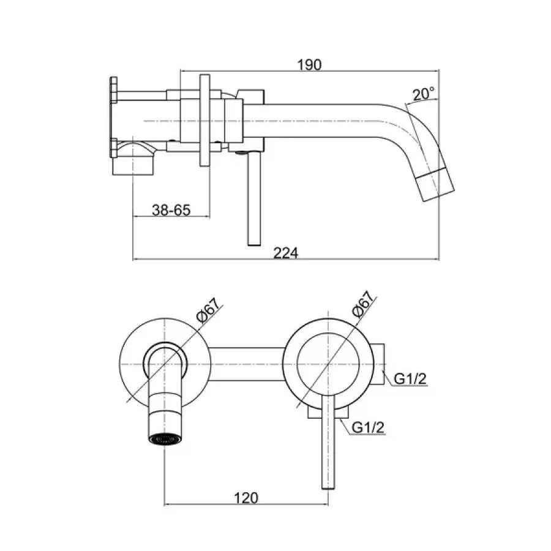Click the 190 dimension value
pyautogui.click(x=309, y=65)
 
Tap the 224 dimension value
pyautogui.click(x=285, y=253)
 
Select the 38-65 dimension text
pyautogui.click(x=171, y=210)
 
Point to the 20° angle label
pyautogui.click(x=424, y=94)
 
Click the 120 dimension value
pyautogui.click(x=246, y=498)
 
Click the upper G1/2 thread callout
pyautogui.click(x=410, y=378)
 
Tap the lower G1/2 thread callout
pyautogui.click(x=368, y=427)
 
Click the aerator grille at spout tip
pyautogui.click(x=165, y=439)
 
